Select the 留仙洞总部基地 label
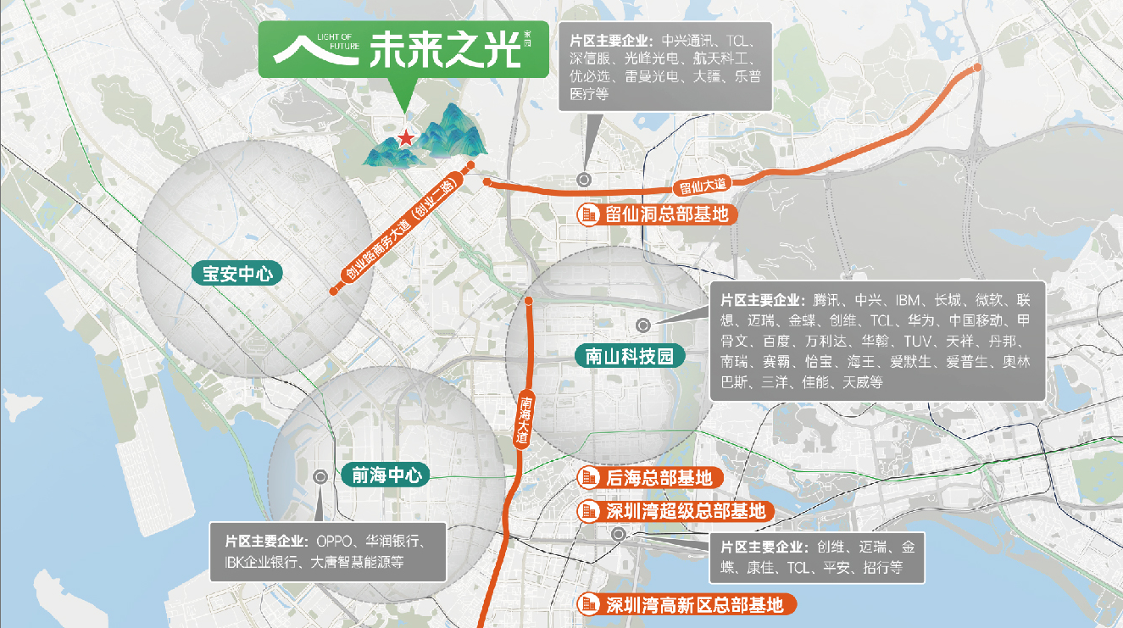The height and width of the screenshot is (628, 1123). click(667, 214)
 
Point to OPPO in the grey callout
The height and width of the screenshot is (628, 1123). click(336, 541)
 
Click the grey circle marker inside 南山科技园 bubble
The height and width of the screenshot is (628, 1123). click(643, 325)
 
